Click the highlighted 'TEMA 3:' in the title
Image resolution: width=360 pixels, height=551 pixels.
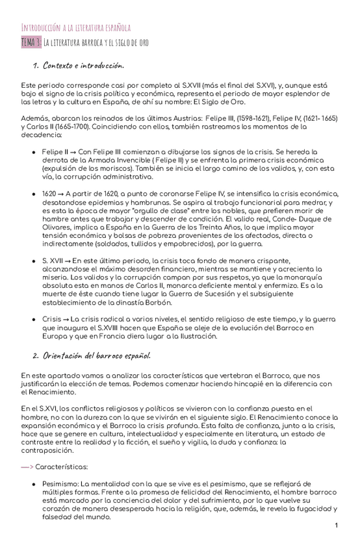coord(31,43)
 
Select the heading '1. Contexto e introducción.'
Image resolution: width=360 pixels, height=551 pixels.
coord(78,66)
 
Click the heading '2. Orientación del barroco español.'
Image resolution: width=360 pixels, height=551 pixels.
coord(92,355)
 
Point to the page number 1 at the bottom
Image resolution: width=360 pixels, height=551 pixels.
coord(337,525)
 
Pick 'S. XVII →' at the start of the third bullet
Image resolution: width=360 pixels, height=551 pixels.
coord(57,260)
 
